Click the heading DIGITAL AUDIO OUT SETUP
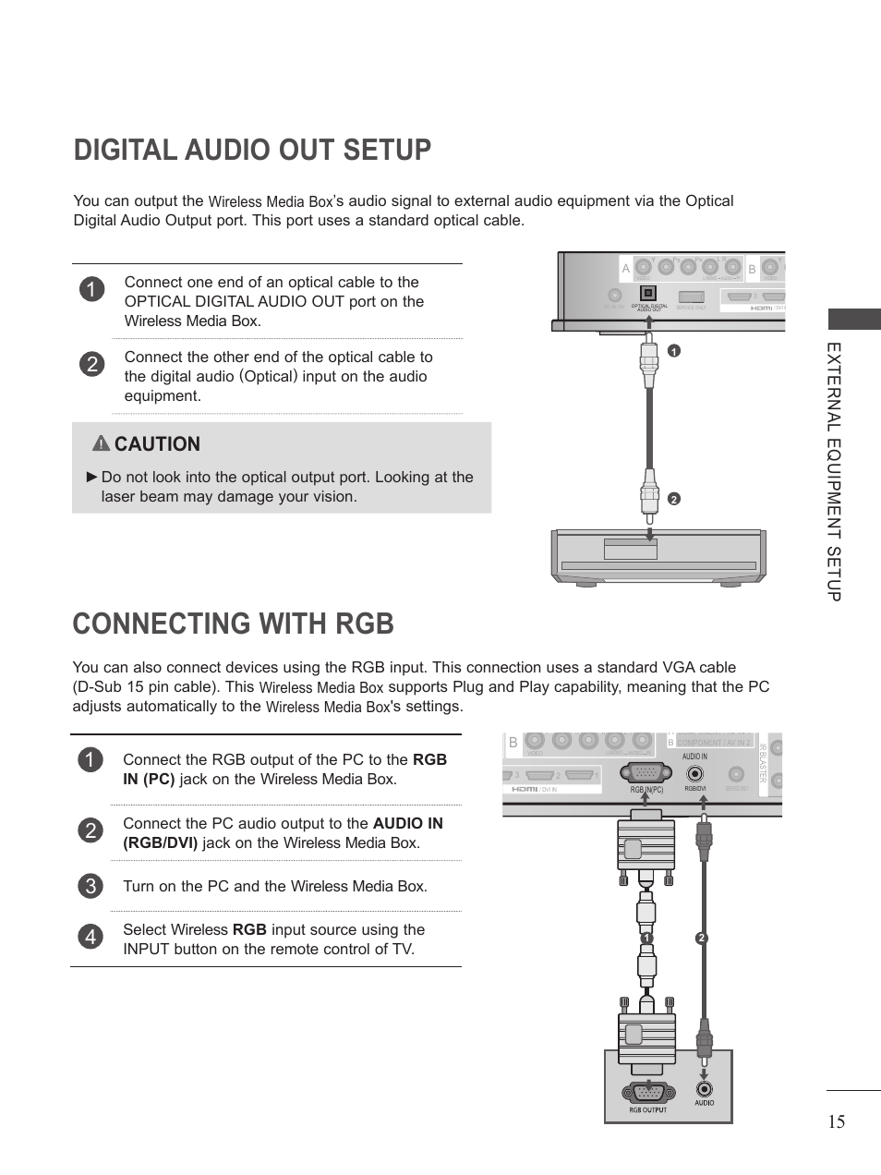(252, 150)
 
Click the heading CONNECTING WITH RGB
(233, 624)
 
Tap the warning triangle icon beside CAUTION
(101, 443)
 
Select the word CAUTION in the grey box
(157, 444)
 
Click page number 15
(836, 1121)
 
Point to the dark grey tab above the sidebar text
(853, 320)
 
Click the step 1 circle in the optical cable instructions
(91, 289)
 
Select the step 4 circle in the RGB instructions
(90, 937)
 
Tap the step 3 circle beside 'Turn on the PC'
(90, 886)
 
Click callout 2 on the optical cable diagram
(673, 499)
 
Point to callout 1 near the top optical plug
(673, 351)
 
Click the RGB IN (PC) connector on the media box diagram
(646, 774)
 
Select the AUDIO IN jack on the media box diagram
(694, 774)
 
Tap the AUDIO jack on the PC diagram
(704, 1089)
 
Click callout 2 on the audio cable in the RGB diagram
(701, 939)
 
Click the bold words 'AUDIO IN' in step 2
(408, 823)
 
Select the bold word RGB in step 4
(249, 929)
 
